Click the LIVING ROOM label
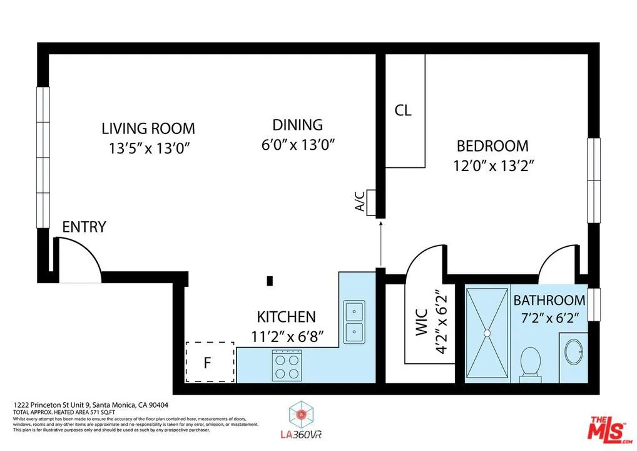[148, 128]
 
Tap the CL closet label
[403, 111]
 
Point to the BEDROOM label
[492, 146]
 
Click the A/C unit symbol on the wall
[371, 201]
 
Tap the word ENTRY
[84, 227]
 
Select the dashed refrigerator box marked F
[210, 362]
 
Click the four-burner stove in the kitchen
[287, 365]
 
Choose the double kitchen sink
[354, 320]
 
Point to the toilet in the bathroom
[530, 363]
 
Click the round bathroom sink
[574, 352]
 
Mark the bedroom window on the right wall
[593, 180]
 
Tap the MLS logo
[606, 428]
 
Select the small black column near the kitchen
[270, 281]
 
